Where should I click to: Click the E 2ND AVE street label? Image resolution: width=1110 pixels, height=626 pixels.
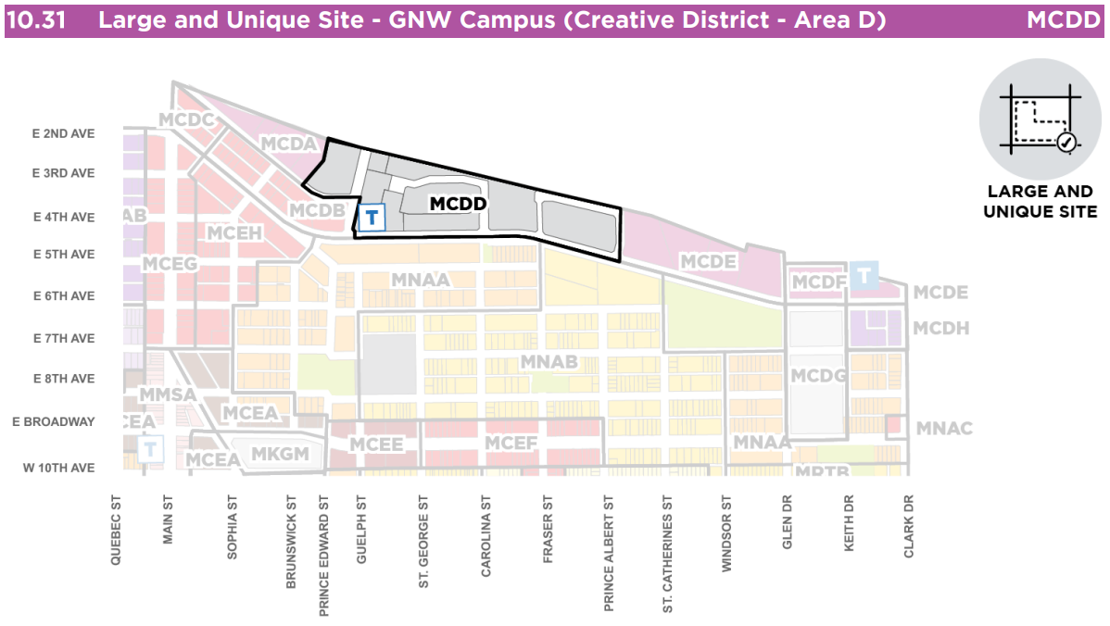63,133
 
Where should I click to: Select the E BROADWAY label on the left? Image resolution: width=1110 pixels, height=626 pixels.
54,421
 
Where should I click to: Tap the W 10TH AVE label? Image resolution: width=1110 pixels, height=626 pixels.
58,468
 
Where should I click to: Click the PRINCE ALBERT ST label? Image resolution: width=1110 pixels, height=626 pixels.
609,553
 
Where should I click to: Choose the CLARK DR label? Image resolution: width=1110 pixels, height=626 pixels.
909,526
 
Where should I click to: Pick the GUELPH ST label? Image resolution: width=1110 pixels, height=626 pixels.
362,528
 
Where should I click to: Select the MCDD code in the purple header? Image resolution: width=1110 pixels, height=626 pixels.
1063,20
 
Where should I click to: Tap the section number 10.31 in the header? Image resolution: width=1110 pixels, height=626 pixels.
36,20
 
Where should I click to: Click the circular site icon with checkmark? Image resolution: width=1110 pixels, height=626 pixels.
1041,119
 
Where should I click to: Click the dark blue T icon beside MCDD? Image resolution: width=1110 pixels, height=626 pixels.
372,218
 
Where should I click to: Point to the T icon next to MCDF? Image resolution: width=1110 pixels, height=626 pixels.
864,275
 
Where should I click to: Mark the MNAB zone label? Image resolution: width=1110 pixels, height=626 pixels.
549,361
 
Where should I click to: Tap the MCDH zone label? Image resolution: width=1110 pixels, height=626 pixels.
940,328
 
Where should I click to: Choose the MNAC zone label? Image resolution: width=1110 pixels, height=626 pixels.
943,428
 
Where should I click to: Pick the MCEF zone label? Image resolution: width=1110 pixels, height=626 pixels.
511,444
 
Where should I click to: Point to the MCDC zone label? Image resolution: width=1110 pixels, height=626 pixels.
186,119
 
